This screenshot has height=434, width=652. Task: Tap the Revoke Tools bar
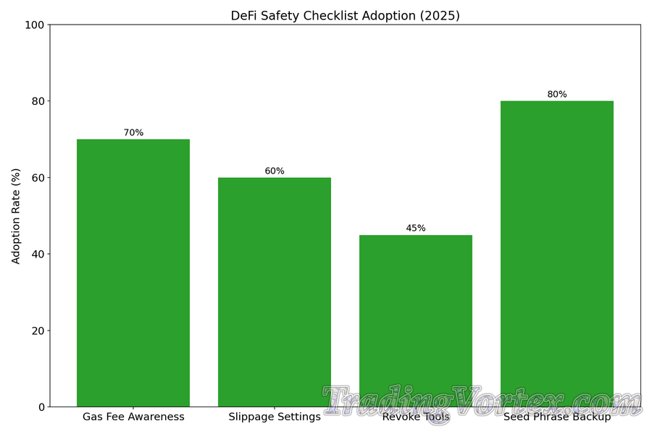pyautogui.click(x=416, y=311)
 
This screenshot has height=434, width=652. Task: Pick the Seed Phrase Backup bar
pyautogui.click(x=557, y=253)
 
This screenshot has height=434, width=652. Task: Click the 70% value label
pyautogui.click(x=133, y=133)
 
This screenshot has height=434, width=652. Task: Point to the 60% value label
pyautogui.click(x=275, y=171)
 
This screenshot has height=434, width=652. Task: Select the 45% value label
pyautogui.click(x=416, y=229)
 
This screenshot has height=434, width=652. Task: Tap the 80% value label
pyautogui.click(x=557, y=95)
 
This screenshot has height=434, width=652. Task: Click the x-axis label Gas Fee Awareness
pyautogui.click(x=133, y=417)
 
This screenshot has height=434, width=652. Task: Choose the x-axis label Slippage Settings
pyautogui.click(x=275, y=417)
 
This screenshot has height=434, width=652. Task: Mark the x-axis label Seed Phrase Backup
pyautogui.click(x=557, y=417)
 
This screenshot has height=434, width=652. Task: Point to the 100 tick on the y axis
pyautogui.click(x=35, y=25)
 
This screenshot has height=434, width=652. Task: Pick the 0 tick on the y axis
pyautogui.click(x=41, y=407)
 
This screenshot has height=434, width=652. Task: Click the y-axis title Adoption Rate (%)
pyautogui.click(x=16, y=216)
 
